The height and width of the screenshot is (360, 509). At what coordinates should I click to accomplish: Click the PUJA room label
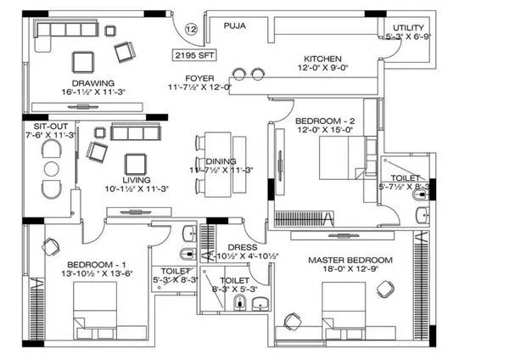pyautogui.click(x=235, y=26)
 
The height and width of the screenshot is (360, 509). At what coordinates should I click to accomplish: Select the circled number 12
pyautogui.click(x=191, y=29)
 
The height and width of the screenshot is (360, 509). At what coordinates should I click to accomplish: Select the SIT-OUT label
pyautogui.click(x=41, y=124)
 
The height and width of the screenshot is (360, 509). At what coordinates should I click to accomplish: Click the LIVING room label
pyautogui.click(x=136, y=179)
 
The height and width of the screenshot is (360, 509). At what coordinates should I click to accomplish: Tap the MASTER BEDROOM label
pyautogui.click(x=350, y=260)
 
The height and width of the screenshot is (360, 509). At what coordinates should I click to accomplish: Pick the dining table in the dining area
pyautogui.click(x=217, y=164)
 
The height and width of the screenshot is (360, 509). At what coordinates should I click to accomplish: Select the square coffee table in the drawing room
pyautogui.click(x=84, y=62)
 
